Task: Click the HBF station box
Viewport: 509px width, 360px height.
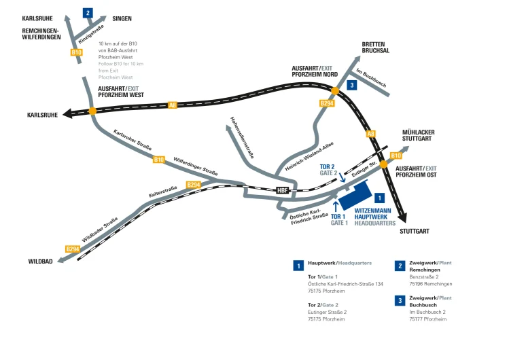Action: (283, 190)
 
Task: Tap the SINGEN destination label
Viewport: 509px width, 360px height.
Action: (122, 18)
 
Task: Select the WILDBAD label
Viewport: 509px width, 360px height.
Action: (40, 261)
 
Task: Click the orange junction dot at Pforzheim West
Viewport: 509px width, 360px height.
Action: (92, 111)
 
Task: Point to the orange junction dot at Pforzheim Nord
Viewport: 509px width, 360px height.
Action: (335, 90)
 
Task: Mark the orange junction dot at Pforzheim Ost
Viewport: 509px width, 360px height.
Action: (383, 164)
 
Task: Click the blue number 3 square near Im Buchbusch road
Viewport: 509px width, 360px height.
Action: (351, 85)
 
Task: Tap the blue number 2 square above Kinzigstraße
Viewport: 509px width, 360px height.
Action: (88, 12)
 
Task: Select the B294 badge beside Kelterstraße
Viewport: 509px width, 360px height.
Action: (193, 185)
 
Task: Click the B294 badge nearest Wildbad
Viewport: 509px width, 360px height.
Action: (73, 249)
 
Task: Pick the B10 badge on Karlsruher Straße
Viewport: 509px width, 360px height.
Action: (158, 160)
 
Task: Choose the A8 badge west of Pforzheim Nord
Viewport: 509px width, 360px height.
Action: (173, 105)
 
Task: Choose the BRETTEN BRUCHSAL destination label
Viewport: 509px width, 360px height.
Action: (376, 47)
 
